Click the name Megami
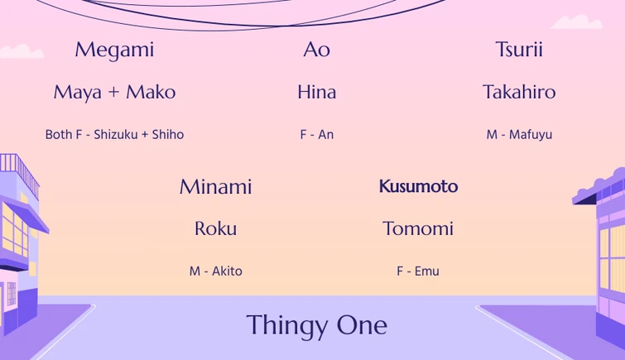[x=114, y=50]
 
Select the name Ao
[x=316, y=50]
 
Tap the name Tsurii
[x=519, y=50]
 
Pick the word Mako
[x=151, y=92]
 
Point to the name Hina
[x=316, y=92]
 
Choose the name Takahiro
[x=519, y=92]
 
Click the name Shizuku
[x=115, y=135]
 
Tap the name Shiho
[x=168, y=135]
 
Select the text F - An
[x=316, y=135]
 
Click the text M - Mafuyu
[x=519, y=135]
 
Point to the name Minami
[x=215, y=187]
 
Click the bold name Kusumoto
[x=418, y=187]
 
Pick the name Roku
[x=215, y=228]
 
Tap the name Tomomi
[x=418, y=228]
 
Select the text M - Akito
[x=215, y=271]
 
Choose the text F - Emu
[x=418, y=271]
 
